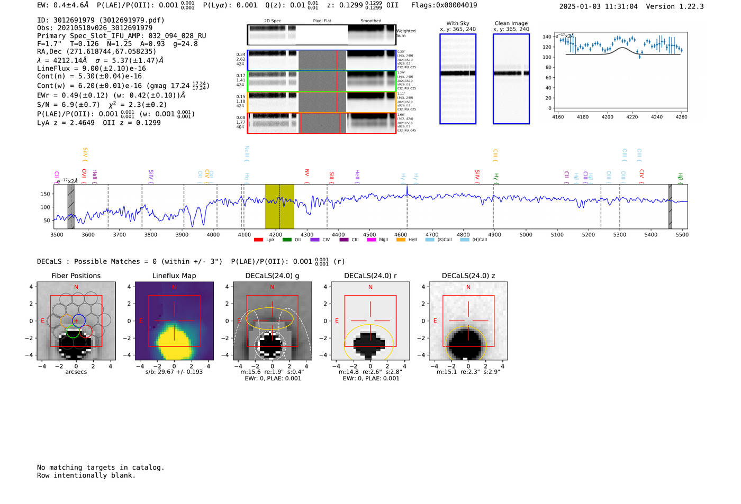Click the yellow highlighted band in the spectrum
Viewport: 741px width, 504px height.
click(279, 206)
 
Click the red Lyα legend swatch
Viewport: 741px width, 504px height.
click(258, 240)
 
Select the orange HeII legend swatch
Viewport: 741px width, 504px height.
click(401, 240)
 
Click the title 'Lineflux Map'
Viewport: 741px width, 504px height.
click(174, 276)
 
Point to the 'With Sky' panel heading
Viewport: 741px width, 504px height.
click(458, 23)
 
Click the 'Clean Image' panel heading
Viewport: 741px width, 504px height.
click(511, 23)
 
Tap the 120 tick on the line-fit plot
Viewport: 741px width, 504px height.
click(547, 47)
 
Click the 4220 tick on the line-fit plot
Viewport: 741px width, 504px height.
click(632, 117)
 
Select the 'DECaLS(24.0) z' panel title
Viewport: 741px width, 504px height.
click(468, 276)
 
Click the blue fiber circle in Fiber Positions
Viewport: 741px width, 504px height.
click(78, 320)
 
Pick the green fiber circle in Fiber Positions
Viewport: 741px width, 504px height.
click(73, 332)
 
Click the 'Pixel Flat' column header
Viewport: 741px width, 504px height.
click(322, 21)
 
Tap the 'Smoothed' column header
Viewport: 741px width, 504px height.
click(370, 21)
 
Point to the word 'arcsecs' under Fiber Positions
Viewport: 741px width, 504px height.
click(76, 372)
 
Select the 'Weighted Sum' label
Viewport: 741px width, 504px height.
click(405, 33)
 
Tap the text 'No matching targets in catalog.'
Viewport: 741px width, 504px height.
click(101, 468)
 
